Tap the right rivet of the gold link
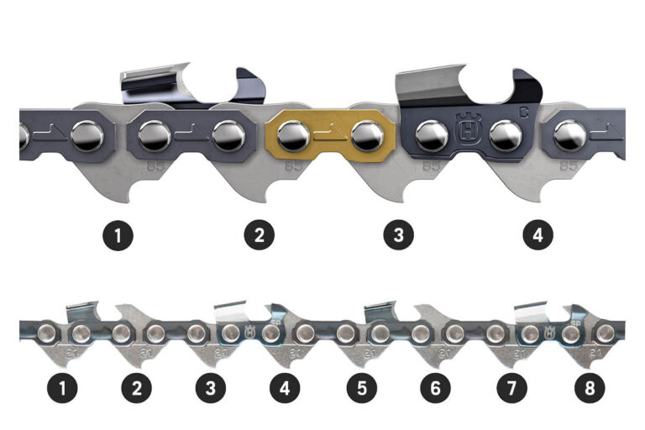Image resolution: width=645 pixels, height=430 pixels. (x=365, y=133)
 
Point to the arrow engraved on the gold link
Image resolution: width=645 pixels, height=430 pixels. (x=328, y=133)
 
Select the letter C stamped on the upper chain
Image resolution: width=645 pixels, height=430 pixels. (x=523, y=109)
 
